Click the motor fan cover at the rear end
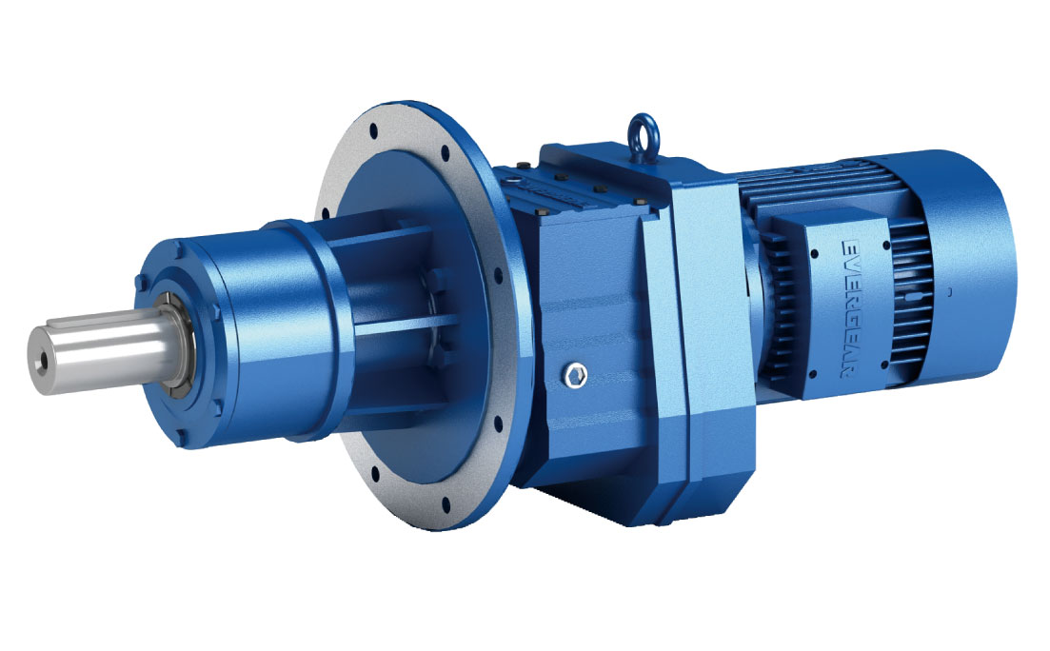tap(990, 276)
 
